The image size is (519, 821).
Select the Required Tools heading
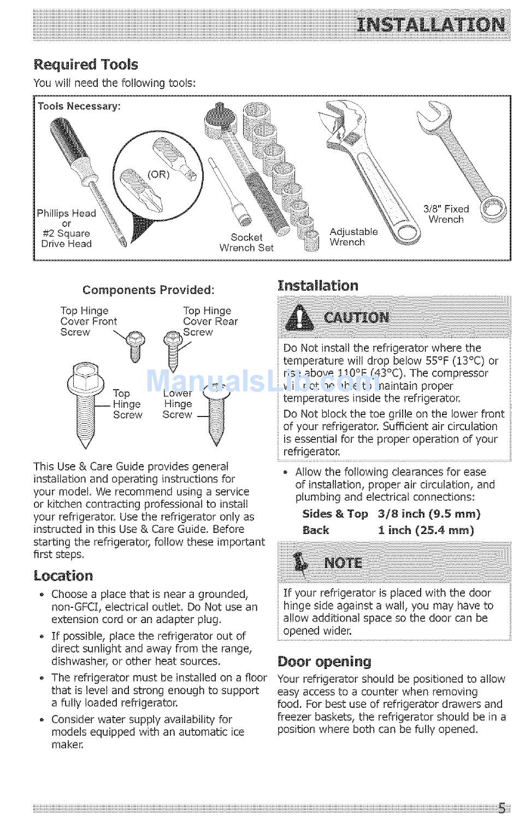[x=86, y=65]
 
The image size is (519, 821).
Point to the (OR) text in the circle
[x=158, y=174]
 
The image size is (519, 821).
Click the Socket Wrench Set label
[x=246, y=242]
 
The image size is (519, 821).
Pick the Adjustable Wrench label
[x=353, y=237]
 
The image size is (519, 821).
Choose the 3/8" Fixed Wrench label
[x=446, y=214]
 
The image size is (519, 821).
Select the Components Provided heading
[x=148, y=290]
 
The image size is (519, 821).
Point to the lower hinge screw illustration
[x=215, y=413]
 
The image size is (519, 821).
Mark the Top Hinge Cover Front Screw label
[x=88, y=321]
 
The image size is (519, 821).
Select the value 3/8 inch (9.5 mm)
[x=429, y=514]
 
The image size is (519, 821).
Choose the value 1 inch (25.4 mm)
[x=426, y=530]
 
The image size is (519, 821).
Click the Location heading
[x=63, y=576]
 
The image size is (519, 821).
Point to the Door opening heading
[x=325, y=662]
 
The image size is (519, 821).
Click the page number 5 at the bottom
[x=501, y=808]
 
